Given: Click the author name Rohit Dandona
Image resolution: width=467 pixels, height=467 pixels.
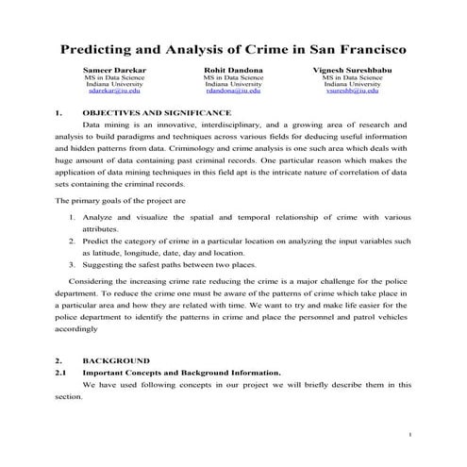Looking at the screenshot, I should click(x=232, y=70).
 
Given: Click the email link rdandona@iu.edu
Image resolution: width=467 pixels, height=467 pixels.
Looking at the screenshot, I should click(x=232, y=92).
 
